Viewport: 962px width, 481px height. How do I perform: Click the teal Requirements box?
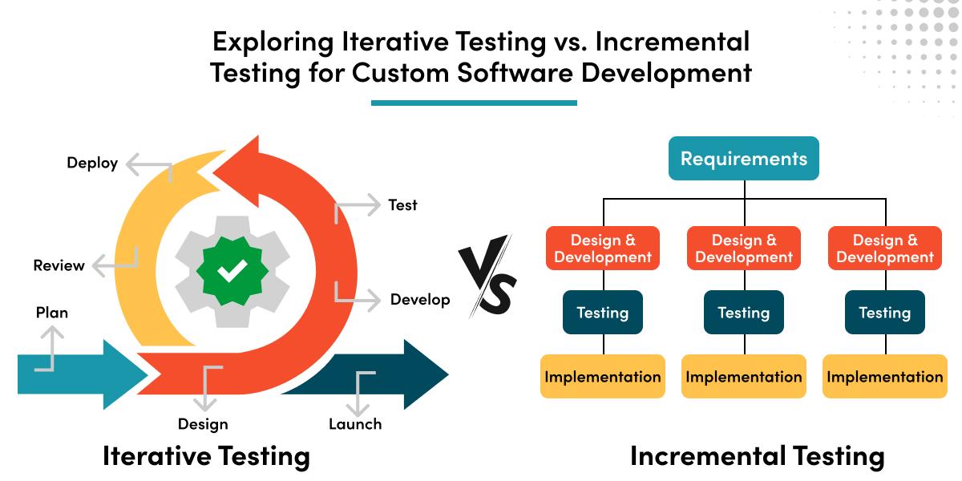coord(744,158)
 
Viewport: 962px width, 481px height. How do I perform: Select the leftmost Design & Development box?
coord(603,249)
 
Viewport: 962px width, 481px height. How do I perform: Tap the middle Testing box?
coord(744,313)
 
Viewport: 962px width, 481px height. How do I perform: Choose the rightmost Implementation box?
coord(885,377)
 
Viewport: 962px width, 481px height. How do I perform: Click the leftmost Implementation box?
coord(603,377)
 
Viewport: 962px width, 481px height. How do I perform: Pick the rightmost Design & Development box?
coord(885,249)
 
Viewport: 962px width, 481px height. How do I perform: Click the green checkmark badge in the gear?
coord(232,273)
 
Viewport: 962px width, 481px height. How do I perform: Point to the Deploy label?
coord(92,164)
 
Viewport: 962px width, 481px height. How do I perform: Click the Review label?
coord(59,265)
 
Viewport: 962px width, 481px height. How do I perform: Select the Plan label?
coord(52,313)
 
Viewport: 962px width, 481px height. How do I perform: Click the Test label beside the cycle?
coord(402,205)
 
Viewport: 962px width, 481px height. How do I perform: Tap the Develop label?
coord(420,300)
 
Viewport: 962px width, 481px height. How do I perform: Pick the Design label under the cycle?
coord(203,424)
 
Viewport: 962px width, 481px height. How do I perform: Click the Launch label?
coord(355,424)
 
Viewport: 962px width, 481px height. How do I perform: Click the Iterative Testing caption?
coord(206,456)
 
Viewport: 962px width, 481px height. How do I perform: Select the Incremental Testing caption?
coord(757,456)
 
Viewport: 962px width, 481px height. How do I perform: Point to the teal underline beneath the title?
coord(474,103)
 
